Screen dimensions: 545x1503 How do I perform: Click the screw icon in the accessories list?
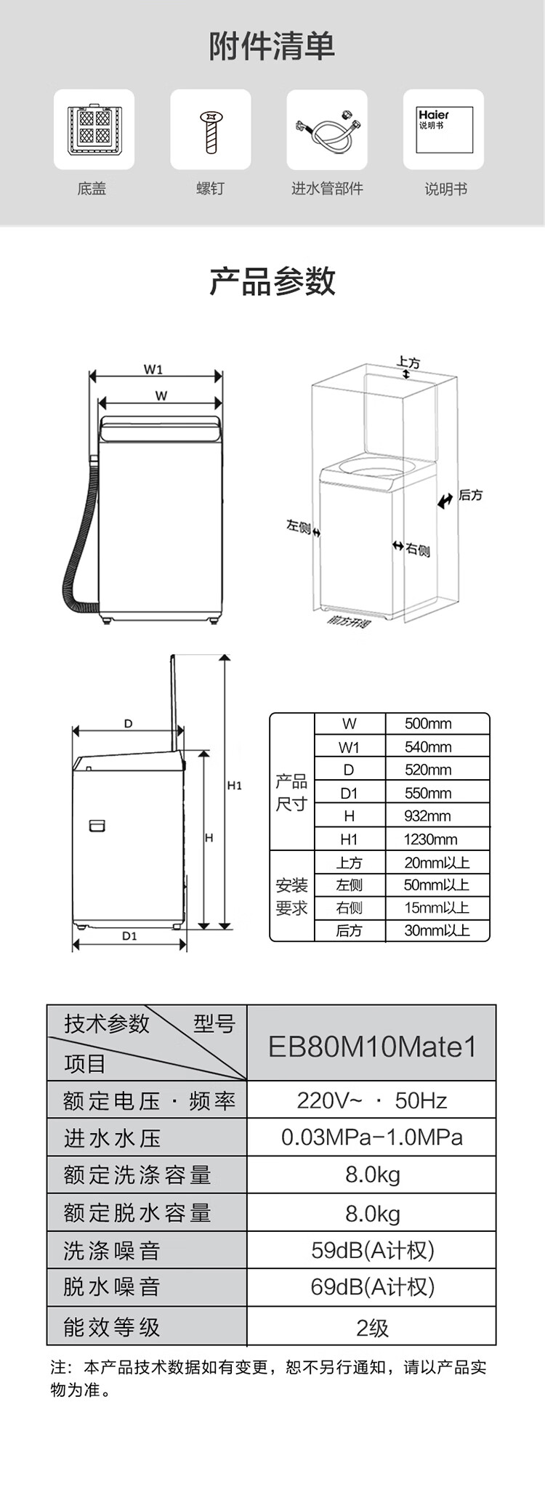pyautogui.click(x=211, y=131)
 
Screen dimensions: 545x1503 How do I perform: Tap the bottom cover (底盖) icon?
pyautogui.click(x=94, y=129)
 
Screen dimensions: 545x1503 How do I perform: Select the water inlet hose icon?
pyautogui.click(x=326, y=129)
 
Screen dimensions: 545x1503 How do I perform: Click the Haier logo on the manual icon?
pyautogui.click(x=434, y=115)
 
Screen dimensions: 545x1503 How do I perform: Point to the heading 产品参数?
pyautogui.click(x=272, y=281)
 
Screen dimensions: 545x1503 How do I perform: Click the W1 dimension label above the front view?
pyautogui.click(x=153, y=369)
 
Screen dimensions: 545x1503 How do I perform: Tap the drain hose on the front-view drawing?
pyautogui.click(x=78, y=538)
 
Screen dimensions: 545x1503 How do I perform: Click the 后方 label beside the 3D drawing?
pyautogui.click(x=470, y=495)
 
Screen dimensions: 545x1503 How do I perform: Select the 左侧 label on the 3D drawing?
pyautogui.click(x=299, y=525)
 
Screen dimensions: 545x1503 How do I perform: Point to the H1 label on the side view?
pyautogui.click(x=234, y=786)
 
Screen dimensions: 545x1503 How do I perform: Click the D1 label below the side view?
pyautogui.click(x=129, y=936)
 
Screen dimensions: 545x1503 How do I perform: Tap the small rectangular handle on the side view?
pyautogui.click(x=97, y=826)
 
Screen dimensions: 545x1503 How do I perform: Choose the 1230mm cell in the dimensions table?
pyautogui.click(x=430, y=839)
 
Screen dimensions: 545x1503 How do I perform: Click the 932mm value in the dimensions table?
pyautogui.click(x=427, y=816)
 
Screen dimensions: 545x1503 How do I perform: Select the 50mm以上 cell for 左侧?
pyautogui.click(x=437, y=885)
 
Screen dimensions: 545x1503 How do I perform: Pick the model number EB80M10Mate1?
pyautogui.click(x=373, y=1047)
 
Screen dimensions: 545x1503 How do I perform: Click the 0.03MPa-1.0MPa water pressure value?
pyautogui.click(x=372, y=1137)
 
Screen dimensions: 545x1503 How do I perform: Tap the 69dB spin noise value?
pyautogui.click(x=372, y=1287)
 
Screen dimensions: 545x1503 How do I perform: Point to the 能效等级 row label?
pyautogui.click(x=111, y=1327)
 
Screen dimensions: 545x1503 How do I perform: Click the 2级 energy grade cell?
pyautogui.click(x=372, y=1328)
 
